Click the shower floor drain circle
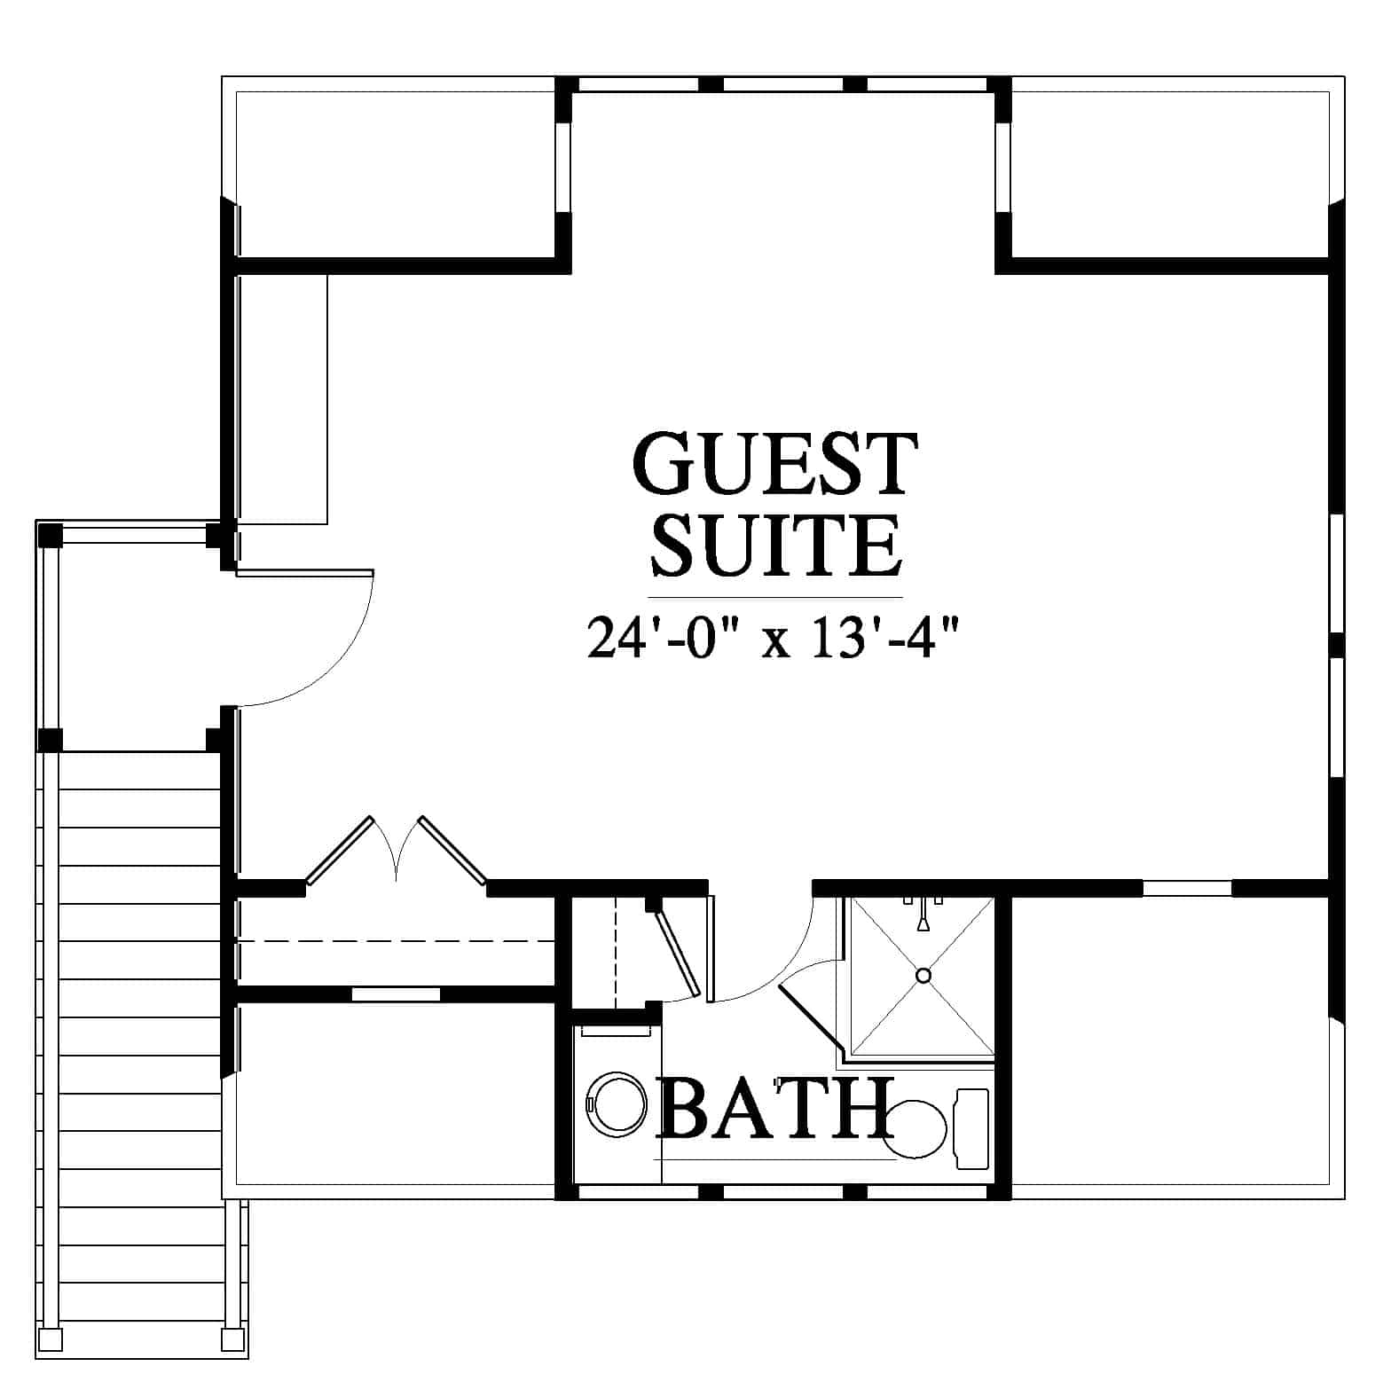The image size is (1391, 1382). (x=923, y=976)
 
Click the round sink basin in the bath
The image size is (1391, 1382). (x=618, y=1105)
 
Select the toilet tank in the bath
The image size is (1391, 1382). (x=971, y=1125)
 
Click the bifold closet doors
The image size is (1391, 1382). (x=396, y=850)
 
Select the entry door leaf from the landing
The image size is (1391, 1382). (x=304, y=573)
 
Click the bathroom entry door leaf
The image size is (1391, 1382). (x=710, y=950)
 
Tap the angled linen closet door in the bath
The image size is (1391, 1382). (x=678, y=953)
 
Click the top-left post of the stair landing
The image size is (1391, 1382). (x=50, y=536)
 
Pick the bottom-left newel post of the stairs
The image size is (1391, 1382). (x=51, y=1339)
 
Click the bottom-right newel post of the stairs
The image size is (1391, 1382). (x=232, y=1339)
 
